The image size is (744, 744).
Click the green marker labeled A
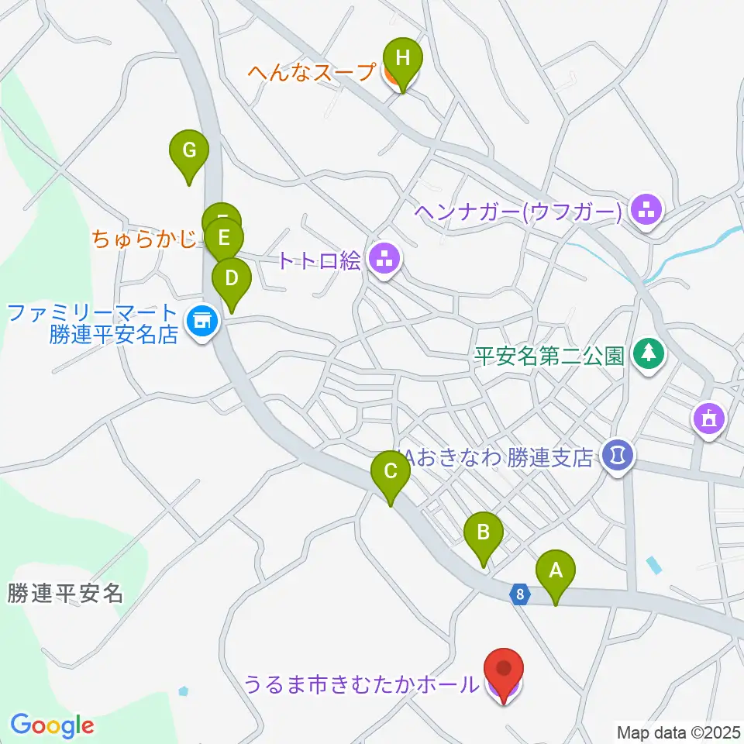click(x=556, y=574)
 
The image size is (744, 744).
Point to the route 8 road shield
click(x=520, y=595)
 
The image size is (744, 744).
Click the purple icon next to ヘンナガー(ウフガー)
click(x=646, y=209)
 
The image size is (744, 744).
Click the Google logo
click(x=52, y=725)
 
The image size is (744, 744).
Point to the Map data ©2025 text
click(x=679, y=732)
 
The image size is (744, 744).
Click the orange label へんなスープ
click(x=314, y=72)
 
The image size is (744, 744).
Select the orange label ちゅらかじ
click(x=144, y=238)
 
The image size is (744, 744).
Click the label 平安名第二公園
click(x=549, y=356)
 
